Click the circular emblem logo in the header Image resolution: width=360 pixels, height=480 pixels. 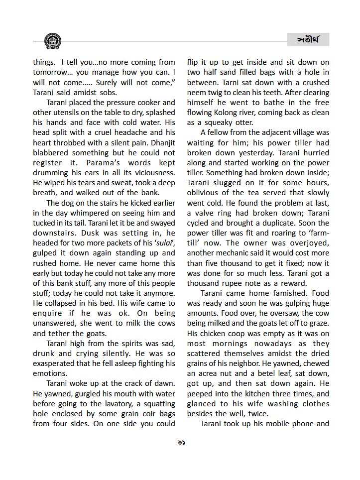(53, 40)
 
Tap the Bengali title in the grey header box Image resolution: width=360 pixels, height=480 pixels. (308, 40)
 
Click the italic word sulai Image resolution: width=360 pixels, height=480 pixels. (162, 243)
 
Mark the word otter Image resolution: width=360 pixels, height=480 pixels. (241, 122)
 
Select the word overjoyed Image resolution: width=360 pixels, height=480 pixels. (308, 243)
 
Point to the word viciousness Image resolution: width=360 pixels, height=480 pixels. (152, 173)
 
